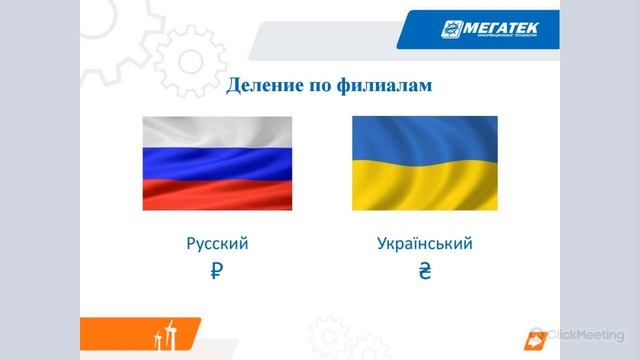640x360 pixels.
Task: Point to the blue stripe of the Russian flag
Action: pos(217,163)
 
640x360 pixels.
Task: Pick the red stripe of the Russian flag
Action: pos(217,194)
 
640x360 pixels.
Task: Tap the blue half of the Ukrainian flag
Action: pos(424,139)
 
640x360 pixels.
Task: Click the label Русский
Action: pos(217,243)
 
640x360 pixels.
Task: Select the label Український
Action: pos(425,243)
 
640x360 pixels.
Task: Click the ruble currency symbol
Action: pos(217,270)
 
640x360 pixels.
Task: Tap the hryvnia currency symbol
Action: pos(424,270)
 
